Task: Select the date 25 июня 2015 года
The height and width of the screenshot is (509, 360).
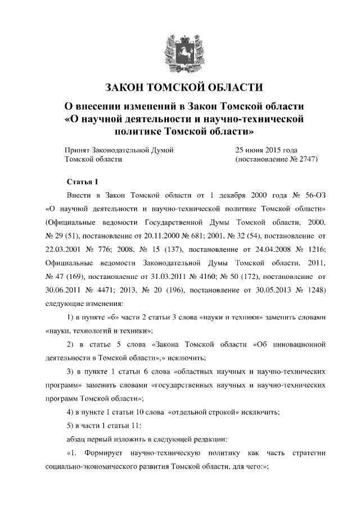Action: click(x=266, y=150)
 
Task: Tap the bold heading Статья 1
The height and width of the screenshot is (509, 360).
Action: click(x=83, y=182)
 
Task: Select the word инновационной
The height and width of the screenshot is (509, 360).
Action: click(x=298, y=343)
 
